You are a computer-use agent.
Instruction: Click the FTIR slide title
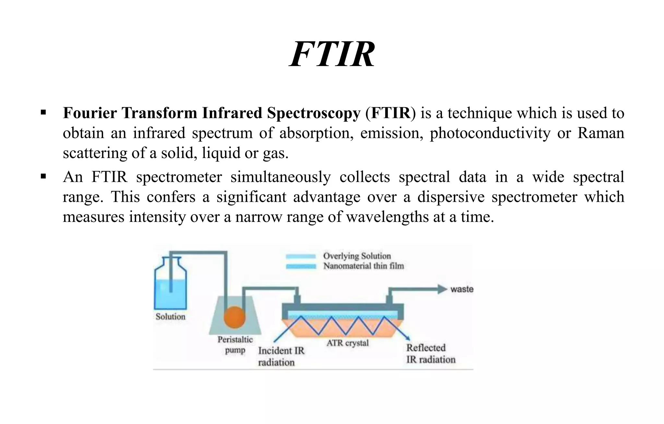pos(332,54)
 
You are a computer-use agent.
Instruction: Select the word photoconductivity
pos(490,133)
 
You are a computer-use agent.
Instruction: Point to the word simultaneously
pos(280,177)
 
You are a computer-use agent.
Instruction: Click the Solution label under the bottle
pos(171,316)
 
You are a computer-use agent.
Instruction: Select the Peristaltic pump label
pos(235,345)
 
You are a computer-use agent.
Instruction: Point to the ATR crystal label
pos(348,343)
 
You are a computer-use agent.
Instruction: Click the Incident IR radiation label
pos(281,356)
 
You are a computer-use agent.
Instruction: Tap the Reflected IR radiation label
pos(431,353)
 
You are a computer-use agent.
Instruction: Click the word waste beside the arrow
pos(462,289)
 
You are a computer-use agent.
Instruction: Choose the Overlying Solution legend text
pos(357,256)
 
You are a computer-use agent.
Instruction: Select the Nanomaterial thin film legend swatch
pos(301,266)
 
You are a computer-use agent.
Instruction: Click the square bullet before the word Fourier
pos(43,113)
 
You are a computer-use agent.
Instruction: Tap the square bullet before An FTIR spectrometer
pos(43,177)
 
